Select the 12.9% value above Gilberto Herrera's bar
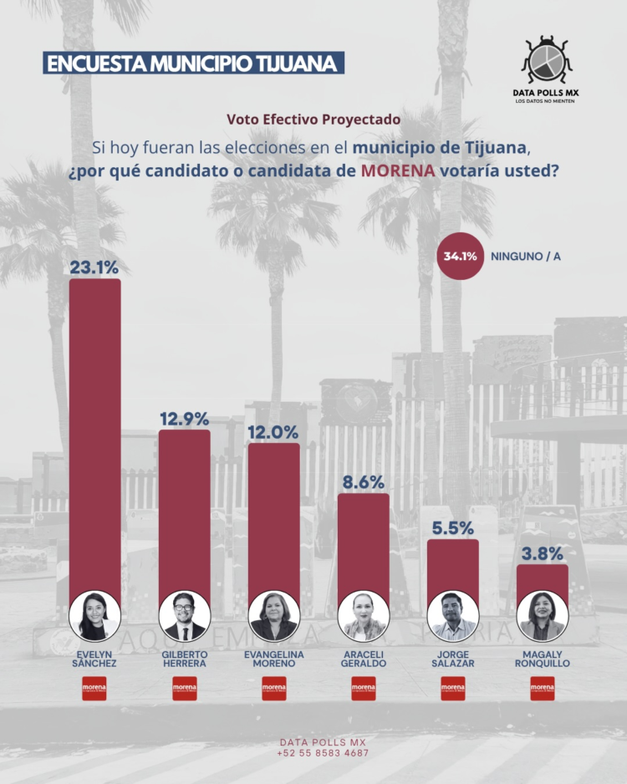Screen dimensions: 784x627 [x=184, y=419]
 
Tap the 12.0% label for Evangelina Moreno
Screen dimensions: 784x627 [x=273, y=432]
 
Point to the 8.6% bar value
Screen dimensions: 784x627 [x=363, y=482]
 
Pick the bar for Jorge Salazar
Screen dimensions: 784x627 [x=452, y=568]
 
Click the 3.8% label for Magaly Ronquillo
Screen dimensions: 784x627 [x=542, y=553]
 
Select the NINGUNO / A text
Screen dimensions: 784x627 [x=526, y=257]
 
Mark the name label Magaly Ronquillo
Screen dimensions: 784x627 [x=542, y=658]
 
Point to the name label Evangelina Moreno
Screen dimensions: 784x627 [x=273, y=658]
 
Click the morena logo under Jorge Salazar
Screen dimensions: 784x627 [x=452, y=689]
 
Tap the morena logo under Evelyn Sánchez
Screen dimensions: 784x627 [x=94, y=689]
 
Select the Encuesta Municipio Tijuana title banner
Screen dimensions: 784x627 [x=192, y=64]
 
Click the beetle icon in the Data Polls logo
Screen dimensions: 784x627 [x=548, y=60]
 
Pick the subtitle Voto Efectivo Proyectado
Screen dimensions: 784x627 [x=313, y=120]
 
